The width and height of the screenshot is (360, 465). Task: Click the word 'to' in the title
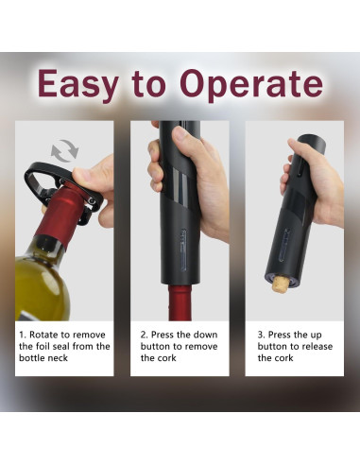pyautogui.click(x=148, y=85)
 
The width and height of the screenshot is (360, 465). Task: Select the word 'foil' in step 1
pyautogui.click(x=41, y=347)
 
